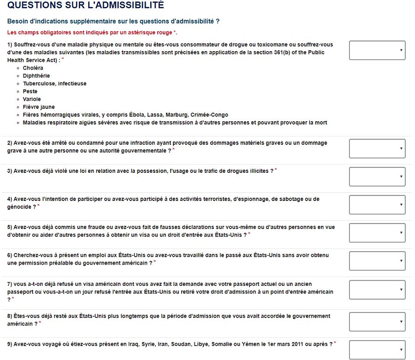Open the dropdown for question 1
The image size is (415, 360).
377,50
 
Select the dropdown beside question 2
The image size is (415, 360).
377,148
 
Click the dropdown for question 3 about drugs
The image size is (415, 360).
377,177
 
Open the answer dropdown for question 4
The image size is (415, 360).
377,205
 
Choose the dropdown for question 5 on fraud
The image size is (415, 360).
377,233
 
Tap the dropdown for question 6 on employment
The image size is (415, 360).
377,261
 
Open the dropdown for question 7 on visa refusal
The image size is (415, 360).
377,289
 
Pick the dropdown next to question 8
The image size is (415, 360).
377,321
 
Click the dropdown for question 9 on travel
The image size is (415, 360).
377,349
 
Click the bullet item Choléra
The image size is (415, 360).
33,68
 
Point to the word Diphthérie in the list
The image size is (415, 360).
36,76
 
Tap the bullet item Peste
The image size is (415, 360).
30,92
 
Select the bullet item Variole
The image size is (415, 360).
32,100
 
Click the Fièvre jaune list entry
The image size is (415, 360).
39,107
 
